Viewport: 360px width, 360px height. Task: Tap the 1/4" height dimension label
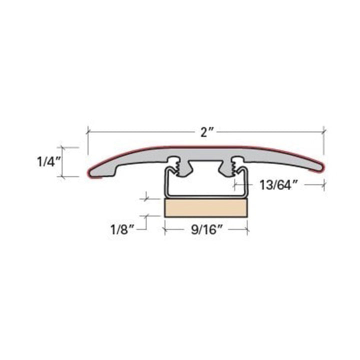(48, 162)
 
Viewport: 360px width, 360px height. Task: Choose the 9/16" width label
(206, 230)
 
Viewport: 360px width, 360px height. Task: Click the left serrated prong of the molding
(175, 166)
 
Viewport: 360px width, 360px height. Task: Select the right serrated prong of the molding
(235, 166)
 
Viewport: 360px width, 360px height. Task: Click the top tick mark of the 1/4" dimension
(62, 147)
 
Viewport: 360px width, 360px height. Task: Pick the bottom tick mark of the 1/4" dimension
(62, 176)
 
